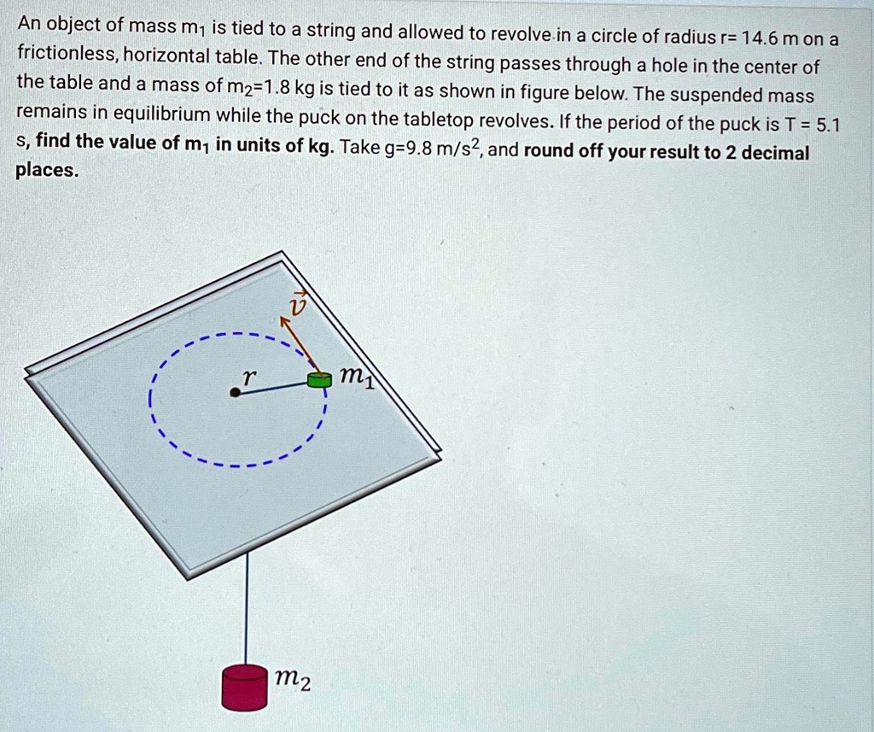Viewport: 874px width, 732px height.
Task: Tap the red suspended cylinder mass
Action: (244, 687)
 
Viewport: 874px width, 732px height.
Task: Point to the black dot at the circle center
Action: (234, 392)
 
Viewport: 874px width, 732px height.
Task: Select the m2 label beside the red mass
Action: (293, 680)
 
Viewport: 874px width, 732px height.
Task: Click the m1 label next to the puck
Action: (353, 377)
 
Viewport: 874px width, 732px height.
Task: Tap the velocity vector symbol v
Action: (296, 304)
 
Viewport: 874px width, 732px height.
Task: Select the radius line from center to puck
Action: (273, 386)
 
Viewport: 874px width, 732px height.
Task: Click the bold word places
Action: (47, 170)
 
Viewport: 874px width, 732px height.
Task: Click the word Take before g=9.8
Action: (360, 147)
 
